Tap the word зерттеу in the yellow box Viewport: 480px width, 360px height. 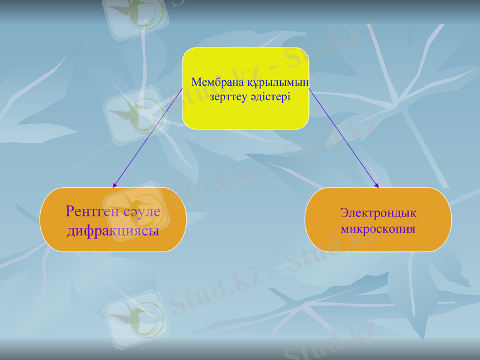click(x=229, y=97)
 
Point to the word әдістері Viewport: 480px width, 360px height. click(x=271, y=97)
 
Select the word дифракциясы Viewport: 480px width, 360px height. click(x=113, y=230)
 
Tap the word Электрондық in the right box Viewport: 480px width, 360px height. click(x=378, y=212)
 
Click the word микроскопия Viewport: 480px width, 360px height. click(x=378, y=229)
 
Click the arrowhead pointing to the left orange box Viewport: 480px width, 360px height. click(x=115, y=185)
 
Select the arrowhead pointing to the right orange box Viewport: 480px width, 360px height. click(x=377, y=185)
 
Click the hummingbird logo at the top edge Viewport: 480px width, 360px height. click(x=135, y=12)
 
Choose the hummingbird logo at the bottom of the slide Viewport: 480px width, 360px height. click(x=135, y=315)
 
